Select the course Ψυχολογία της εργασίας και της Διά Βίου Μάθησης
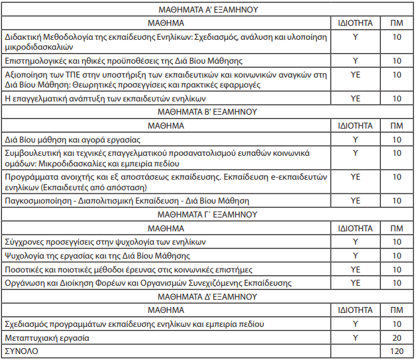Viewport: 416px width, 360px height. tap(97, 255)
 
